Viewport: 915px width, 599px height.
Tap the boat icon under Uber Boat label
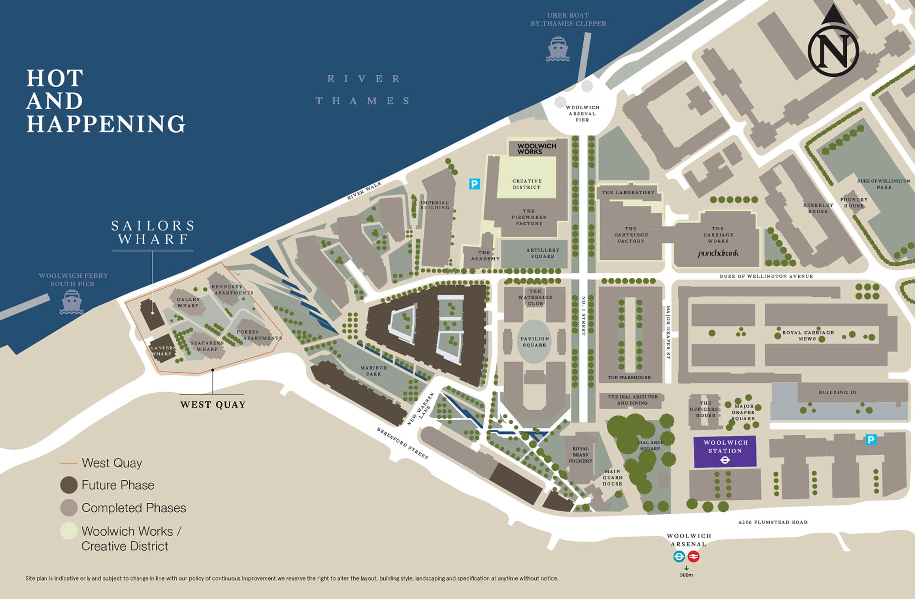click(x=558, y=50)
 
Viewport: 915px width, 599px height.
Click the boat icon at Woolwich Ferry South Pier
click(x=71, y=302)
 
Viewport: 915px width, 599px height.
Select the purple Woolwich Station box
click(x=725, y=451)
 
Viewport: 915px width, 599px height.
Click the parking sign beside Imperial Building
click(x=474, y=183)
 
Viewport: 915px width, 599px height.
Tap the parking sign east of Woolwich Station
click(x=871, y=439)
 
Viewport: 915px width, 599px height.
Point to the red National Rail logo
click(x=693, y=556)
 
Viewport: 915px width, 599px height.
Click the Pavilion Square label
click(x=534, y=342)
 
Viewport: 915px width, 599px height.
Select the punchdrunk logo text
click(x=718, y=253)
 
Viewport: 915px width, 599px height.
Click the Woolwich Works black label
click(x=537, y=149)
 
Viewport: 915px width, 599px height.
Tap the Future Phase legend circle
click(x=69, y=485)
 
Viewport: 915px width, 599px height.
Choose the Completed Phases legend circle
click(x=69, y=508)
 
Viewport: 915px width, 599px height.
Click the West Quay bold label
click(x=213, y=405)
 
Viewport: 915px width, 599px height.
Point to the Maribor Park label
click(x=374, y=371)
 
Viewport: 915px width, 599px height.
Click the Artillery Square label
click(x=542, y=253)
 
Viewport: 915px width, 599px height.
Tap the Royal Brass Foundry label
click(x=580, y=455)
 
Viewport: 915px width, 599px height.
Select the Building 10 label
click(x=837, y=392)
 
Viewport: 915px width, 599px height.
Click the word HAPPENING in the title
click(x=106, y=124)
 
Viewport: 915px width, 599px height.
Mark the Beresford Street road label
click(x=402, y=443)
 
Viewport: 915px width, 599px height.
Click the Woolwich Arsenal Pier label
click(x=582, y=113)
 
